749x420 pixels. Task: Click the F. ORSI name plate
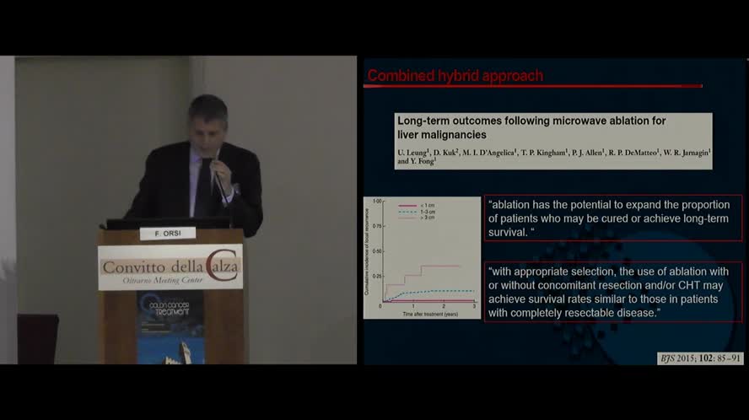click(167, 234)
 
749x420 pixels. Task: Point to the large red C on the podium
click(223, 263)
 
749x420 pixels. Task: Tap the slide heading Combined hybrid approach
click(455, 77)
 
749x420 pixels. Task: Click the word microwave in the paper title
click(585, 121)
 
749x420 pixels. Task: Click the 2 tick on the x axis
click(444, 306)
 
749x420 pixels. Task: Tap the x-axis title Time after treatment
click(429, 313)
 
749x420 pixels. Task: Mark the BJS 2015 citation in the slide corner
click(701, 358)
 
